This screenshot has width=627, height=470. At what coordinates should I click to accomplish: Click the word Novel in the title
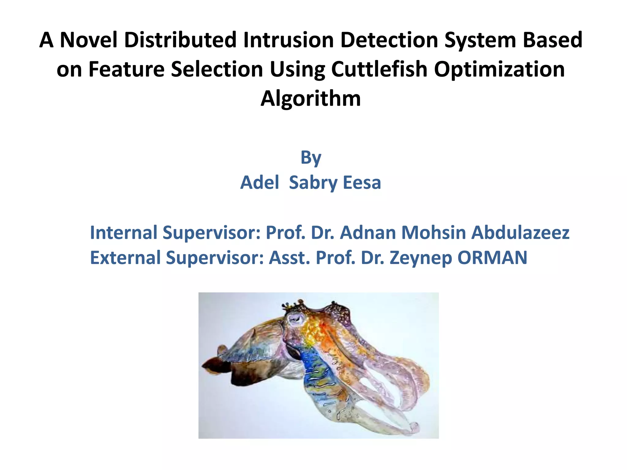click(x=88, y=40)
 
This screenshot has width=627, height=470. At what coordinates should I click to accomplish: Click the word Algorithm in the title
click(x=310, y=99)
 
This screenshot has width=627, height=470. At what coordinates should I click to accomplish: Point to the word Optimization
click(x=499, y=69)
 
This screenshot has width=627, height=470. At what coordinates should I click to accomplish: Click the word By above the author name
click(x=311, y=158)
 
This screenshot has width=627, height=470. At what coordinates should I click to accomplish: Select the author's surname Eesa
click(x=362, y=183)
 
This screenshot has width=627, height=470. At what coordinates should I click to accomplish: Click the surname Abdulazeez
click(x=520, y=233)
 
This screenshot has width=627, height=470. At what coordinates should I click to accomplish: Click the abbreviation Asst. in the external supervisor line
click(x=289, y=258)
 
